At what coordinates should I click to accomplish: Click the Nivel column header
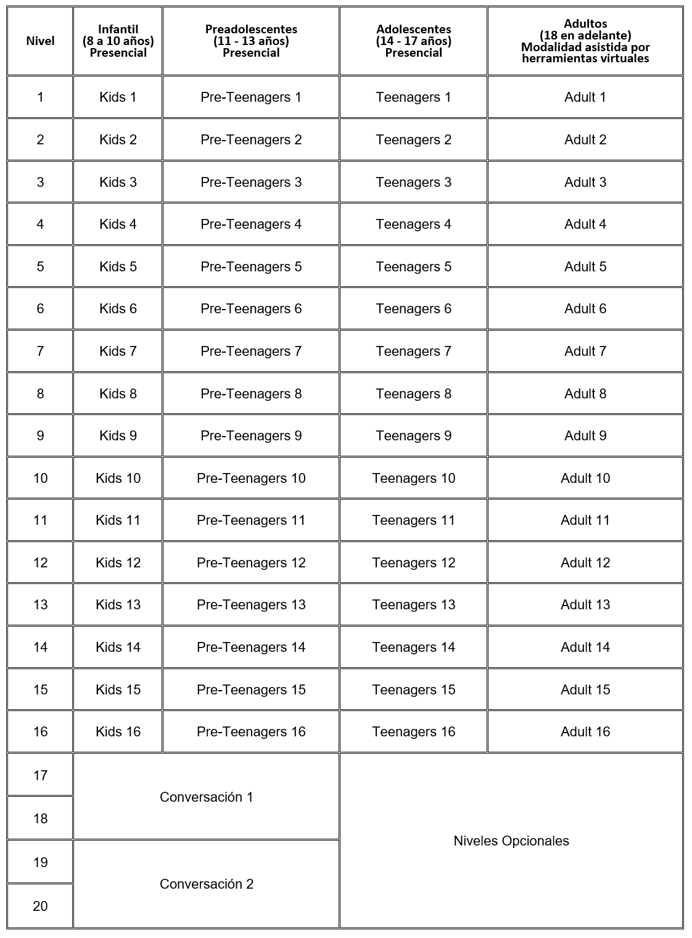(40, 41)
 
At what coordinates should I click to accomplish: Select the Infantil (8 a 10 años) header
(118, 41)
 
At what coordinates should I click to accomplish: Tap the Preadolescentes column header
(251, 41)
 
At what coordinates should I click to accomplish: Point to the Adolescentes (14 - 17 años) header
(413, 41)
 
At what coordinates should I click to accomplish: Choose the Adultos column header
(585, 41)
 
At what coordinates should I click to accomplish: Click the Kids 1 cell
(118, 97)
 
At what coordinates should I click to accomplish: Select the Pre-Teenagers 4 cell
(251, 224)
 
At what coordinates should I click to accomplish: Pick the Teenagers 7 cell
(413, 352)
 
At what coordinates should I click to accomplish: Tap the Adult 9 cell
(585, 436)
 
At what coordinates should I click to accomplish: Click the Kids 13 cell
(118, 605)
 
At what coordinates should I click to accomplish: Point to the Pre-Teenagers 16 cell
(251, 732)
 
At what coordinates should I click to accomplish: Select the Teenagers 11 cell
(413, 520)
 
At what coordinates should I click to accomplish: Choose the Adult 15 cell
(585, 689)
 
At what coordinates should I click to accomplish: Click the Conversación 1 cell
(206, 797)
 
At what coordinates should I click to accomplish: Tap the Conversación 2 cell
(206, 884)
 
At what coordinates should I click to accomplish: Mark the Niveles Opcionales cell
(511, 841)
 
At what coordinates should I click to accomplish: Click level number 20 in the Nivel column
(40, 906)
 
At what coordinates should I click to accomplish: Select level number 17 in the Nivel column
(40, 776)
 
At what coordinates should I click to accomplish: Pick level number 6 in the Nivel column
(40, 309)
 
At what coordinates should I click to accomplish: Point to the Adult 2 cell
(585, 140)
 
